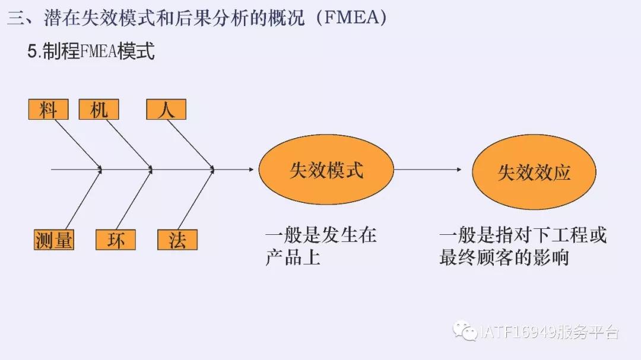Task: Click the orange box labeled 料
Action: (48, 110)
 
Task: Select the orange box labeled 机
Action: (99, 110)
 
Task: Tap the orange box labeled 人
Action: (166, 110)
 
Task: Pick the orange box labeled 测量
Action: (54, 240)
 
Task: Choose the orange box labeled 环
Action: (116, 240)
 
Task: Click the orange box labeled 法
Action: (177, 240)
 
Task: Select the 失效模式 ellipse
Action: (326, 170)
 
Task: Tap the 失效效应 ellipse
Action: (534, 172)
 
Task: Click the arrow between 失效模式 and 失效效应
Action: (427, 170)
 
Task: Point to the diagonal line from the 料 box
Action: (77, 143)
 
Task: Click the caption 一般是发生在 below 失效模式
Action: (320, 235)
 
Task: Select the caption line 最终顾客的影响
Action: (504, 258)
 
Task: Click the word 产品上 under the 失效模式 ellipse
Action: (293, 258)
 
